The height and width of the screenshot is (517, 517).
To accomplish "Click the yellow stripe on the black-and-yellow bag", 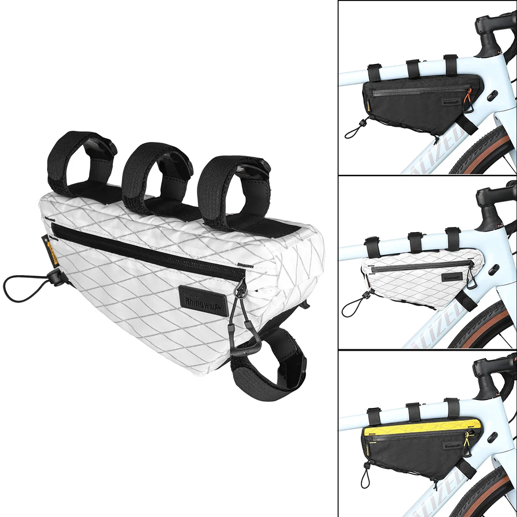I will (419, 427).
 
